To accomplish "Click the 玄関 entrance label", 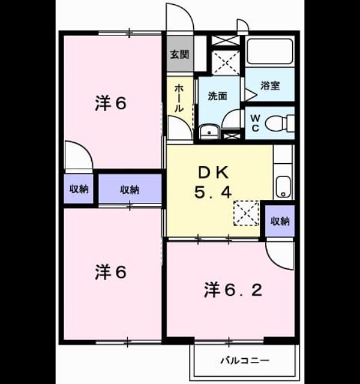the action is point(179,55).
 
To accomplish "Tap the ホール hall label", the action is point(179,98).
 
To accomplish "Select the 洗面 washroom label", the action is point(217,96).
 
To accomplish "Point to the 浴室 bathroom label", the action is point(270,85).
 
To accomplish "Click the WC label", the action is point(255,123).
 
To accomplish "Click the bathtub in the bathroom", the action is point(270,52).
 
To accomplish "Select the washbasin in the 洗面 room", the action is point(209,132).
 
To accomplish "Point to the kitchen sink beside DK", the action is point(283,187).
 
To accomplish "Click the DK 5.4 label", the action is point(213,182).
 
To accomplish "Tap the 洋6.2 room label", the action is point(233,290).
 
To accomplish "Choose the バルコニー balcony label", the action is point(245,360).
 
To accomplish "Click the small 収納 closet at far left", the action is point(79,189).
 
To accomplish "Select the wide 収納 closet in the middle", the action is point(130,189).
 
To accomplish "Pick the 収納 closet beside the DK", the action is point(280,221).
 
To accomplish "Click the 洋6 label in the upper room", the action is point(110,104).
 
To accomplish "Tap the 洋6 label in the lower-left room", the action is point(110,272).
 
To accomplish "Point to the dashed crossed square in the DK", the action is point(247,213).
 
